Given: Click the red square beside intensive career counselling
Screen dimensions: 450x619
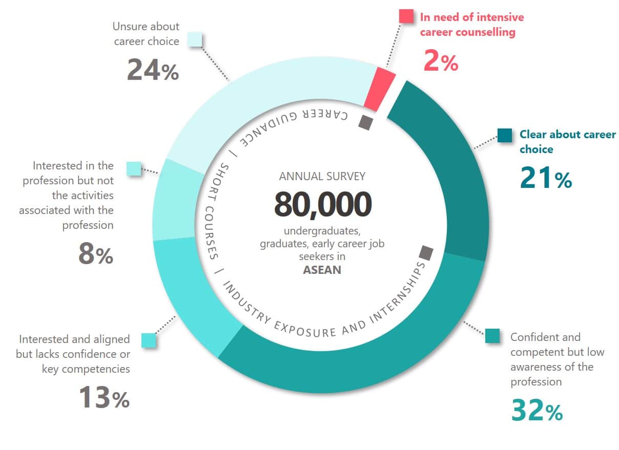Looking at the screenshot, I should coord(406,16).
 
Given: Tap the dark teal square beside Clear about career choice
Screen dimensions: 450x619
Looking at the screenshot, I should coord(505,135).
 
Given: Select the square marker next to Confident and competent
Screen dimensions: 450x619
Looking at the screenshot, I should coord(492,336).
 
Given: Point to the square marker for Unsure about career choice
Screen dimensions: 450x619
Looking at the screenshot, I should coord(195,39).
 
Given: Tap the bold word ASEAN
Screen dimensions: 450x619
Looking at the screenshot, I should coord(322,269).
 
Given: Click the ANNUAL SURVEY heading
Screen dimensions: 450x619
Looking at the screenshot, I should coord(322,176).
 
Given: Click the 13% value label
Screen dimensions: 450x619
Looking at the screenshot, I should coord(104,397).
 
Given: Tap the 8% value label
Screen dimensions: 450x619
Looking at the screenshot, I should coord(95,254).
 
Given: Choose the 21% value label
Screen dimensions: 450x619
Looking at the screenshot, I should coord(546,178).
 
